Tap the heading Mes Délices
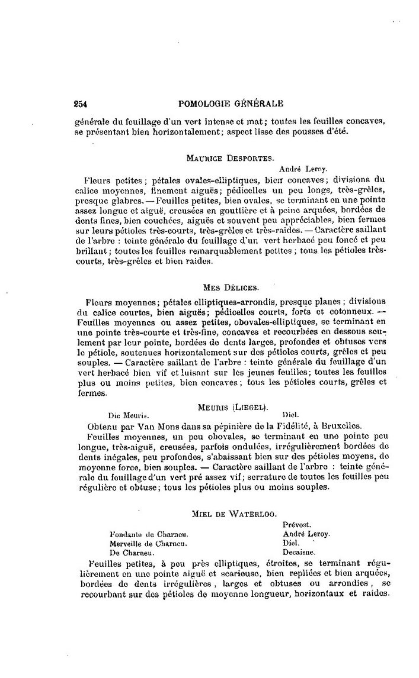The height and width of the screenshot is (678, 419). tap(231, 288)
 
